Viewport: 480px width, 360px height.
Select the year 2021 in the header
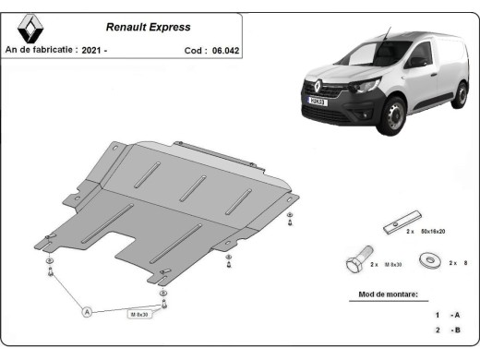tap(92, 51)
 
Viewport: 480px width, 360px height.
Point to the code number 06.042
tap(225, 51)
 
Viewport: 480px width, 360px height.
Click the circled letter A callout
tap(88, 313)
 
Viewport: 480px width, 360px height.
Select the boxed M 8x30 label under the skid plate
tap(138, 314)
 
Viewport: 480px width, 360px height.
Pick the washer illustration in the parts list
tap(429, 263)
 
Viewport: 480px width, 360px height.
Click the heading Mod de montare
tap(388, 296)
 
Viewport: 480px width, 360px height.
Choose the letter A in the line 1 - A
tap(455, 315)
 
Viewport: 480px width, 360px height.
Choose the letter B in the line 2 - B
tap(455, 330)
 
